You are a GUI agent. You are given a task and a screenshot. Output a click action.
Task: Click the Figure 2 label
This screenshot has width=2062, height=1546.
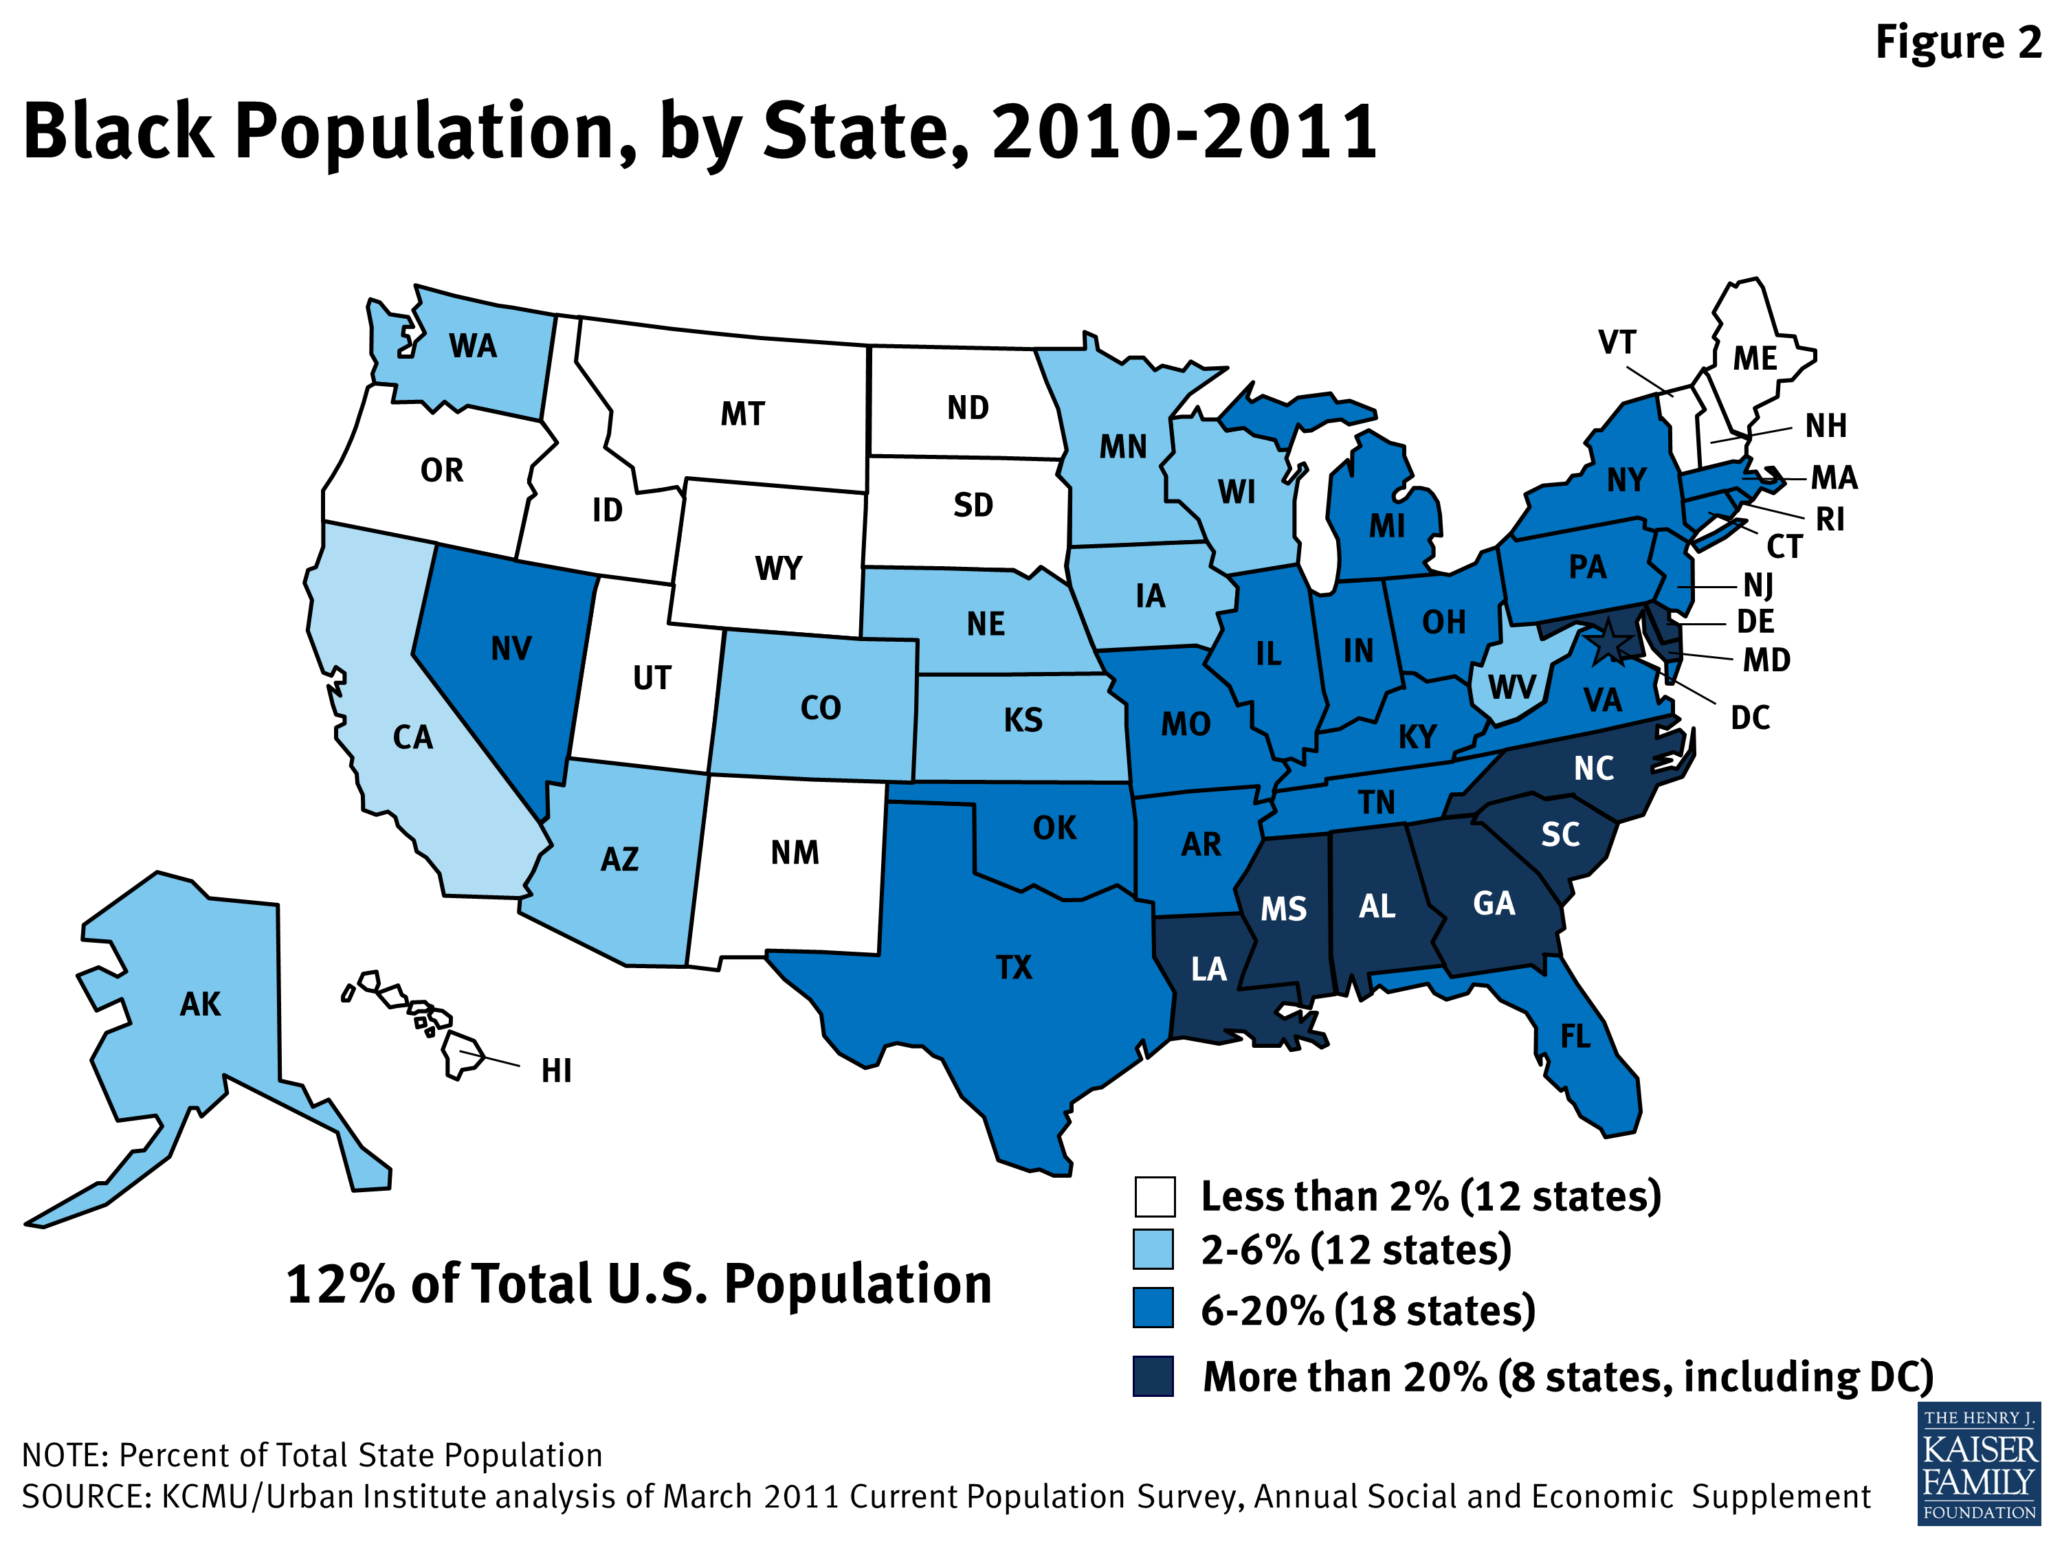1957,43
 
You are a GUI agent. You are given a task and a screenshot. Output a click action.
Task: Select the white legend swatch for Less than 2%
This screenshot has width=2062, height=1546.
1154,1196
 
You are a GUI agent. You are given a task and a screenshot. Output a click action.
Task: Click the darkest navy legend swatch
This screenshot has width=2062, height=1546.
1153,1376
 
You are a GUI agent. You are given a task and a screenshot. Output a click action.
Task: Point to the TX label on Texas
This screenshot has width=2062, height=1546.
1015,967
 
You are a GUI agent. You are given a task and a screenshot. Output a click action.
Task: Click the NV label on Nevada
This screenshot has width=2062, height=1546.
511,649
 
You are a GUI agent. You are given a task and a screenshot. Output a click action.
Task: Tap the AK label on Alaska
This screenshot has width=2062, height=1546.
201,1004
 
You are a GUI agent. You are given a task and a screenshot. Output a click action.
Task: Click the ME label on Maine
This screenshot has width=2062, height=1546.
1754,359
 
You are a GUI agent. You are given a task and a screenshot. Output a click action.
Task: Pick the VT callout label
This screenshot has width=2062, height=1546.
1617,343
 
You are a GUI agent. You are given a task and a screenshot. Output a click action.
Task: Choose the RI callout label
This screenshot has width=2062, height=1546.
1830,519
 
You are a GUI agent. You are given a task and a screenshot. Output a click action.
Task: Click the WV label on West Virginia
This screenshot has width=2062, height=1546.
1511,688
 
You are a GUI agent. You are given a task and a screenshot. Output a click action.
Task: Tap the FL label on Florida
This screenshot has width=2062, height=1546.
1575,1036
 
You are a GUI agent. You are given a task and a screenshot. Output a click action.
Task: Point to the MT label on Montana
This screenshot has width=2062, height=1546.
743,414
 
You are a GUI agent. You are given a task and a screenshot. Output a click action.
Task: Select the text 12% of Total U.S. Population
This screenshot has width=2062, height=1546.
639,1284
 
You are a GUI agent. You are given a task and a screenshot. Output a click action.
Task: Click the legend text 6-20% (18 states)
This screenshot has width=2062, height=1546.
1368,1310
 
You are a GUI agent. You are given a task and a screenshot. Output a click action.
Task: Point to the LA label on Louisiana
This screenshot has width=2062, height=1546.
1209,969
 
